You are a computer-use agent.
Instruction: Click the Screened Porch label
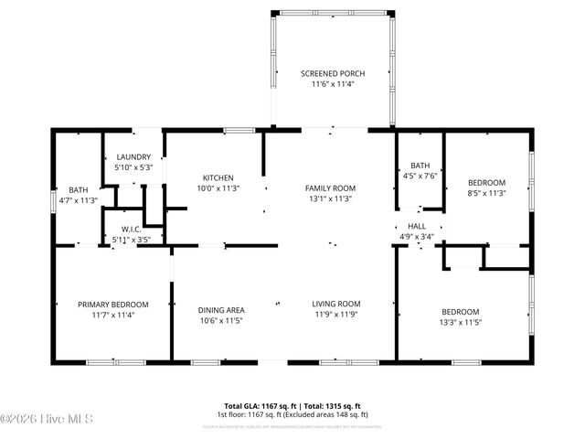pyautogui.click(x=332, y=72)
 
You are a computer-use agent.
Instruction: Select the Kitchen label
pyautogui.click(x=218, y=177)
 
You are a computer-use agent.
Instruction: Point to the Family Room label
pyautogui.click(x=330, y=187)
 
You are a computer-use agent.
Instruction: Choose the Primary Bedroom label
pyautogui.click(x=112, y=305)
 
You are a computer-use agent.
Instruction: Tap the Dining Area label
pyautogui.click(x=222, y=310)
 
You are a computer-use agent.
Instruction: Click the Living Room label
pyautogui.click(x=336, y=305)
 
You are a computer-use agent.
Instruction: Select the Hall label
pyautogui.click(x=417, y=226)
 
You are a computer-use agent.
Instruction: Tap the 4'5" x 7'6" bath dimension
pyautogui.click(x=420, y=176)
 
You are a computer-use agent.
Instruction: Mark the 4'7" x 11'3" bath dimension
pyautogui.click(x=78, y=200)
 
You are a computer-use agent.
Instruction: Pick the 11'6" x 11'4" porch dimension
pyautogui.click(x=332, y=84)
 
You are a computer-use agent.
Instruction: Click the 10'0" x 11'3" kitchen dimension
pyautogui.click(x=218, y=188)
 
